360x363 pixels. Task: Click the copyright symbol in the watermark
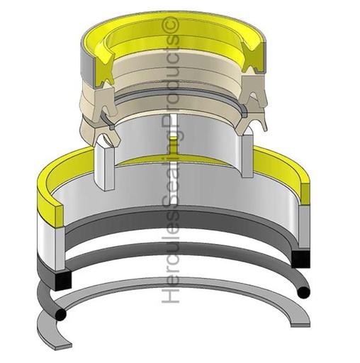pos(171,26)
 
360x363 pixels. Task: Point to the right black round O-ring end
pos(303,291)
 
